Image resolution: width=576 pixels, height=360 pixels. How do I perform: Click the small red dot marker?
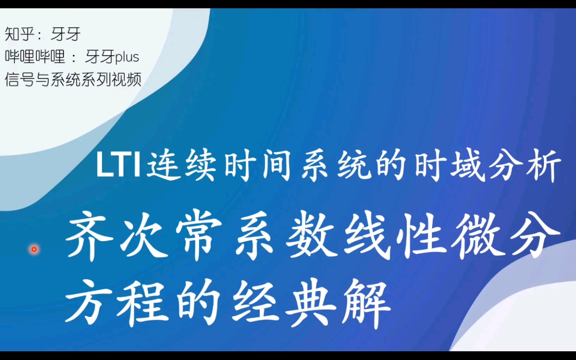pos(34,250)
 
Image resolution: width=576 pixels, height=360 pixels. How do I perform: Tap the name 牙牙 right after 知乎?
pos(66,34)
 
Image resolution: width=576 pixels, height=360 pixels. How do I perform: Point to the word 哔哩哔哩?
pos(35,57)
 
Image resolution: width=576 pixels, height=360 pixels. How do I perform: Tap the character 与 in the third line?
pos(43,80)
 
